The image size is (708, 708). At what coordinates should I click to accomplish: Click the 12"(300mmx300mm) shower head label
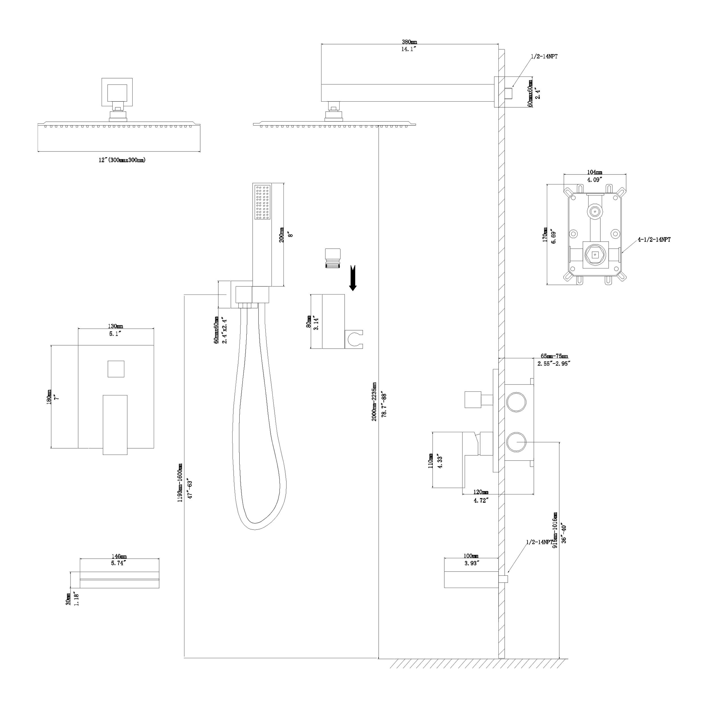[x=122, y=160]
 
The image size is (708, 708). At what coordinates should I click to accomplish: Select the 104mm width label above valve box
[x=594, y=172]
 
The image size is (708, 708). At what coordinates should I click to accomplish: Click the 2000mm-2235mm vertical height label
[x=374, y=401]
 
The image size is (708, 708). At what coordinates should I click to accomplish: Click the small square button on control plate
[x=116, y=369]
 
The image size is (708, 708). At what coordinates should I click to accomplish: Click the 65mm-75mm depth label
[x=554, y=356]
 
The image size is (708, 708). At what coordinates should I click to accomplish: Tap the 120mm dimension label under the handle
[x=480, y=492]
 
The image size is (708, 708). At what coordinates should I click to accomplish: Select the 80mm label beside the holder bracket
[x=309, y=321]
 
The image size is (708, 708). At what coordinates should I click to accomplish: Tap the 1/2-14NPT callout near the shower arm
[x=545, y=56]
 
